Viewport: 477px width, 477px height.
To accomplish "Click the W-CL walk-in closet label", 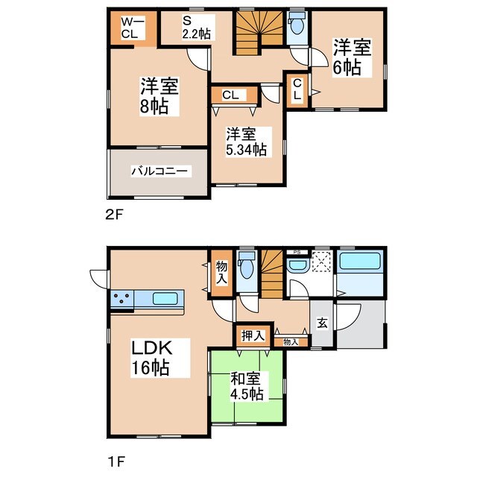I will point(128,28).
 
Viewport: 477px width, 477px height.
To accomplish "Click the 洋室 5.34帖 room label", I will point(247,142).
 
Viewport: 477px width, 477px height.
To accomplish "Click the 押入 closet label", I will point(253,336).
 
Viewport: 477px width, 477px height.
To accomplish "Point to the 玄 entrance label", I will point(322,323).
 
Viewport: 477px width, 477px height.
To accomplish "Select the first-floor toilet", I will point(246,266).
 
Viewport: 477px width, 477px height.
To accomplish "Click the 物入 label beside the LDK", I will point(222,272).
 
